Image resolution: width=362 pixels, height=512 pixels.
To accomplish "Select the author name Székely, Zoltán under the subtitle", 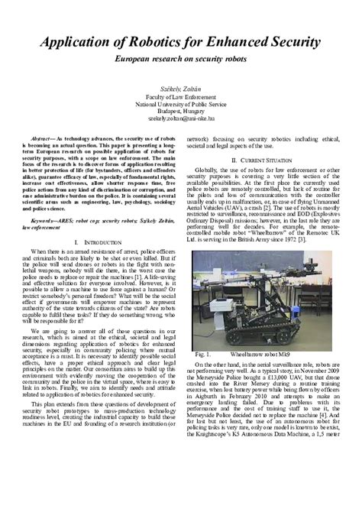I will pos(180,89).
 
